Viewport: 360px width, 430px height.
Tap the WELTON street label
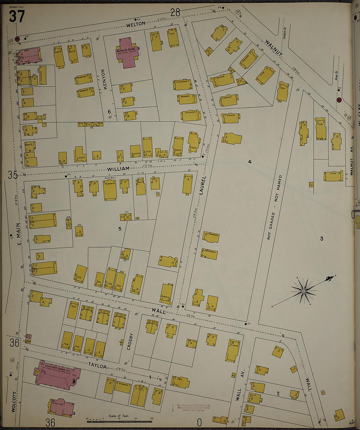pos(135,24)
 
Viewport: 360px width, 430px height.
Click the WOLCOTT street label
pos(14,401)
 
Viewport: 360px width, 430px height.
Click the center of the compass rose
pos(304,291)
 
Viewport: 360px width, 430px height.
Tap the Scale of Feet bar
pos(119,421)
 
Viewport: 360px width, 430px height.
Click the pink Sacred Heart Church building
pos(57,377)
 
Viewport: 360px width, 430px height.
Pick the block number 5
pos(120,229)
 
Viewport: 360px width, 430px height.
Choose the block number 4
pos(250,161)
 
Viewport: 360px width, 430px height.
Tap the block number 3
pos(321,239)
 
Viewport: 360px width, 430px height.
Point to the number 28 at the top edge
pos(175,12)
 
